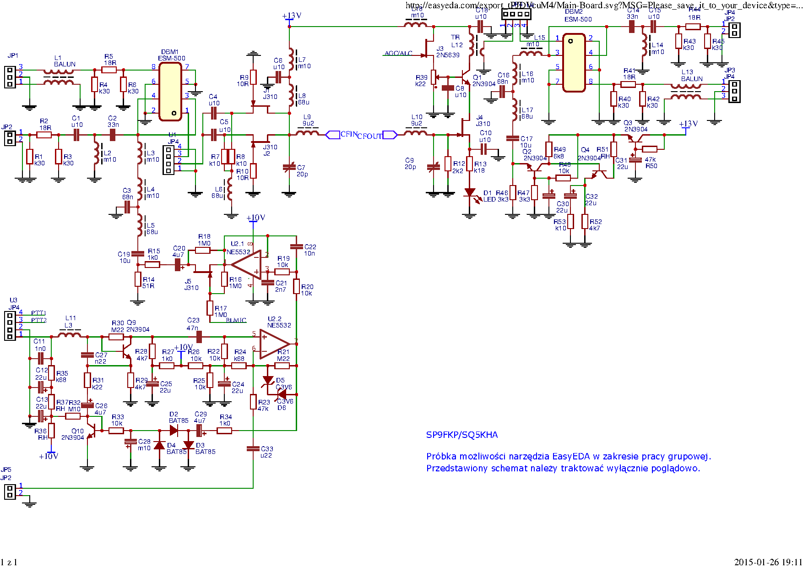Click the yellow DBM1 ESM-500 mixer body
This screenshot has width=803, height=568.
[170, 92]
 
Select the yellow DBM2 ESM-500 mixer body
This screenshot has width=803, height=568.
[574, 63]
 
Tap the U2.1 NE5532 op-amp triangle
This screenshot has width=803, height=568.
[246, 264]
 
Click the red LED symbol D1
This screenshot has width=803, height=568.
[470, 193]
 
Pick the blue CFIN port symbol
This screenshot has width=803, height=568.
[332, 135]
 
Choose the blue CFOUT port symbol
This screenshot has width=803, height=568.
[390, 135]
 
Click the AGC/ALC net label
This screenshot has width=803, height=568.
[398, 53]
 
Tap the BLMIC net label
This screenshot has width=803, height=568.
[236, 320]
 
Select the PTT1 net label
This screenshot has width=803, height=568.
[38, 313]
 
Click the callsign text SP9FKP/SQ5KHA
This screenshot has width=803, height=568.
[461, 435]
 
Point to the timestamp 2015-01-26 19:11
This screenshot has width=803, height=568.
[768, 562]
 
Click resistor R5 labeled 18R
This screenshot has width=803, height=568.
[109, 70]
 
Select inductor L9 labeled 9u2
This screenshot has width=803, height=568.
[308, 133]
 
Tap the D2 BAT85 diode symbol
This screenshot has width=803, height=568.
[174, 430]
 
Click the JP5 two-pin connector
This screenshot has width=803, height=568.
[10, 492]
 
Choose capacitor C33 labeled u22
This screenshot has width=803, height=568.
[253, 449]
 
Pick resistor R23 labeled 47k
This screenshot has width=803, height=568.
[253, 402]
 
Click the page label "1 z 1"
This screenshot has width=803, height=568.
[9, 563]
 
